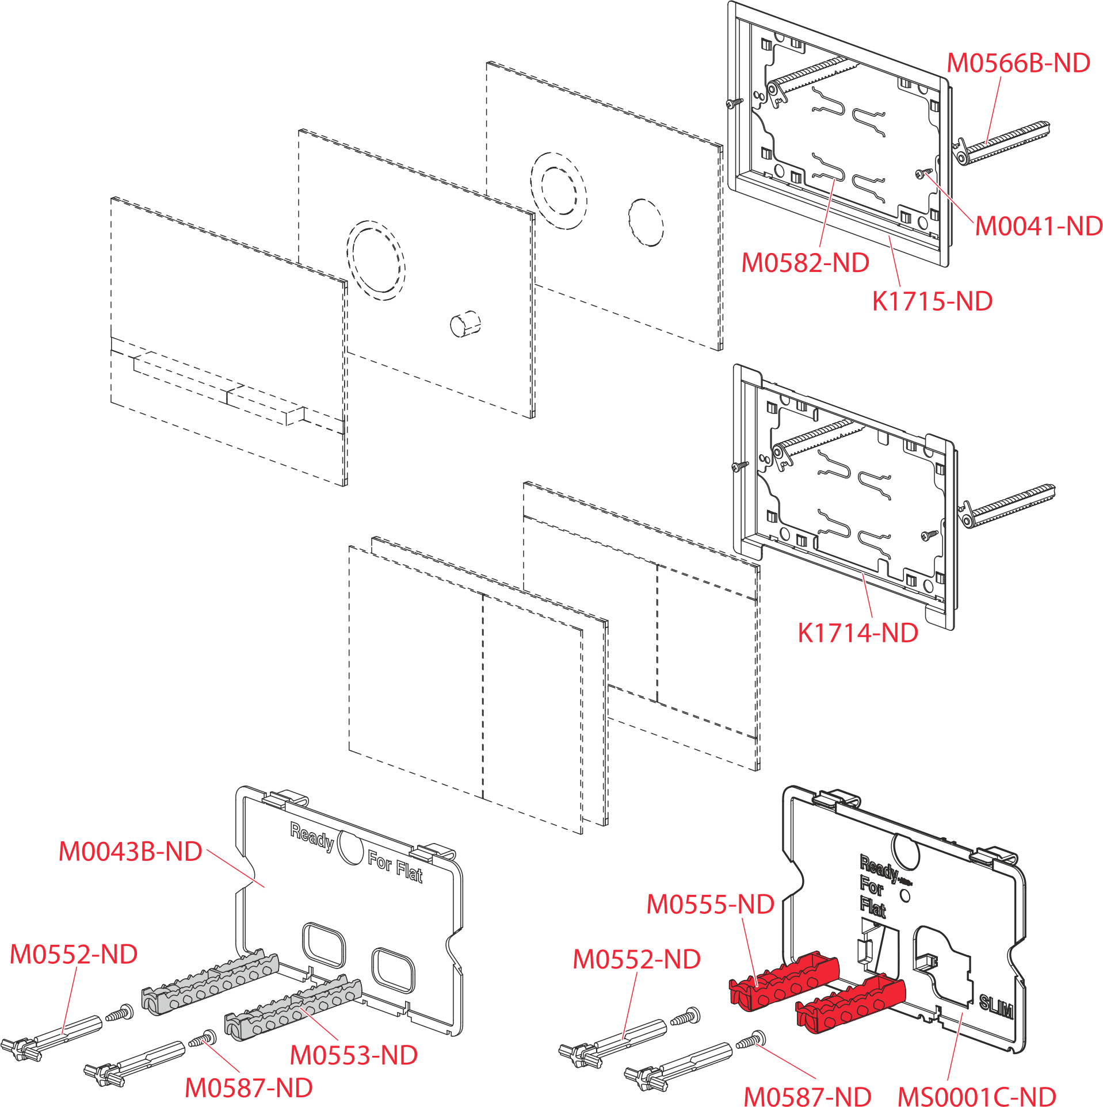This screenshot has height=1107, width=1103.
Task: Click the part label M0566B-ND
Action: tap(1018, 63)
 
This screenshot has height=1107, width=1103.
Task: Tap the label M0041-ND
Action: tap(1039, 227)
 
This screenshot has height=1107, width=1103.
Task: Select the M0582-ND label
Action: tap(805, 263)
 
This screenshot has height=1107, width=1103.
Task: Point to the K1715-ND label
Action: tap(932, 301)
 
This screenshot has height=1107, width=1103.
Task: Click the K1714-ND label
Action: tap(858, 634)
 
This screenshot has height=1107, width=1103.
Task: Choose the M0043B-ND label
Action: tap(131, 852)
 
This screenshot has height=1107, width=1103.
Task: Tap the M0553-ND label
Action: tap(353, 1055)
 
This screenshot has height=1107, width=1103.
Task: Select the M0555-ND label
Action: tap(711, 905)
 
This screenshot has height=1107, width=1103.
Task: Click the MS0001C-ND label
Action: tap(976, 1095)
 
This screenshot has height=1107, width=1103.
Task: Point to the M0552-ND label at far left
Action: tap(74, 955)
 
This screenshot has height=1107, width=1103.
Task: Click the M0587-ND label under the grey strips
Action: tap(249, 1087)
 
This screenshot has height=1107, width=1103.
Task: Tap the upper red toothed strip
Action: tap(784, 978)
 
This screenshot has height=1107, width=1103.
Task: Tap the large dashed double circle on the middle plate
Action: tap(376, 260)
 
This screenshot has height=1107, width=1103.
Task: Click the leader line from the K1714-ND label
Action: tap(867, 596)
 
